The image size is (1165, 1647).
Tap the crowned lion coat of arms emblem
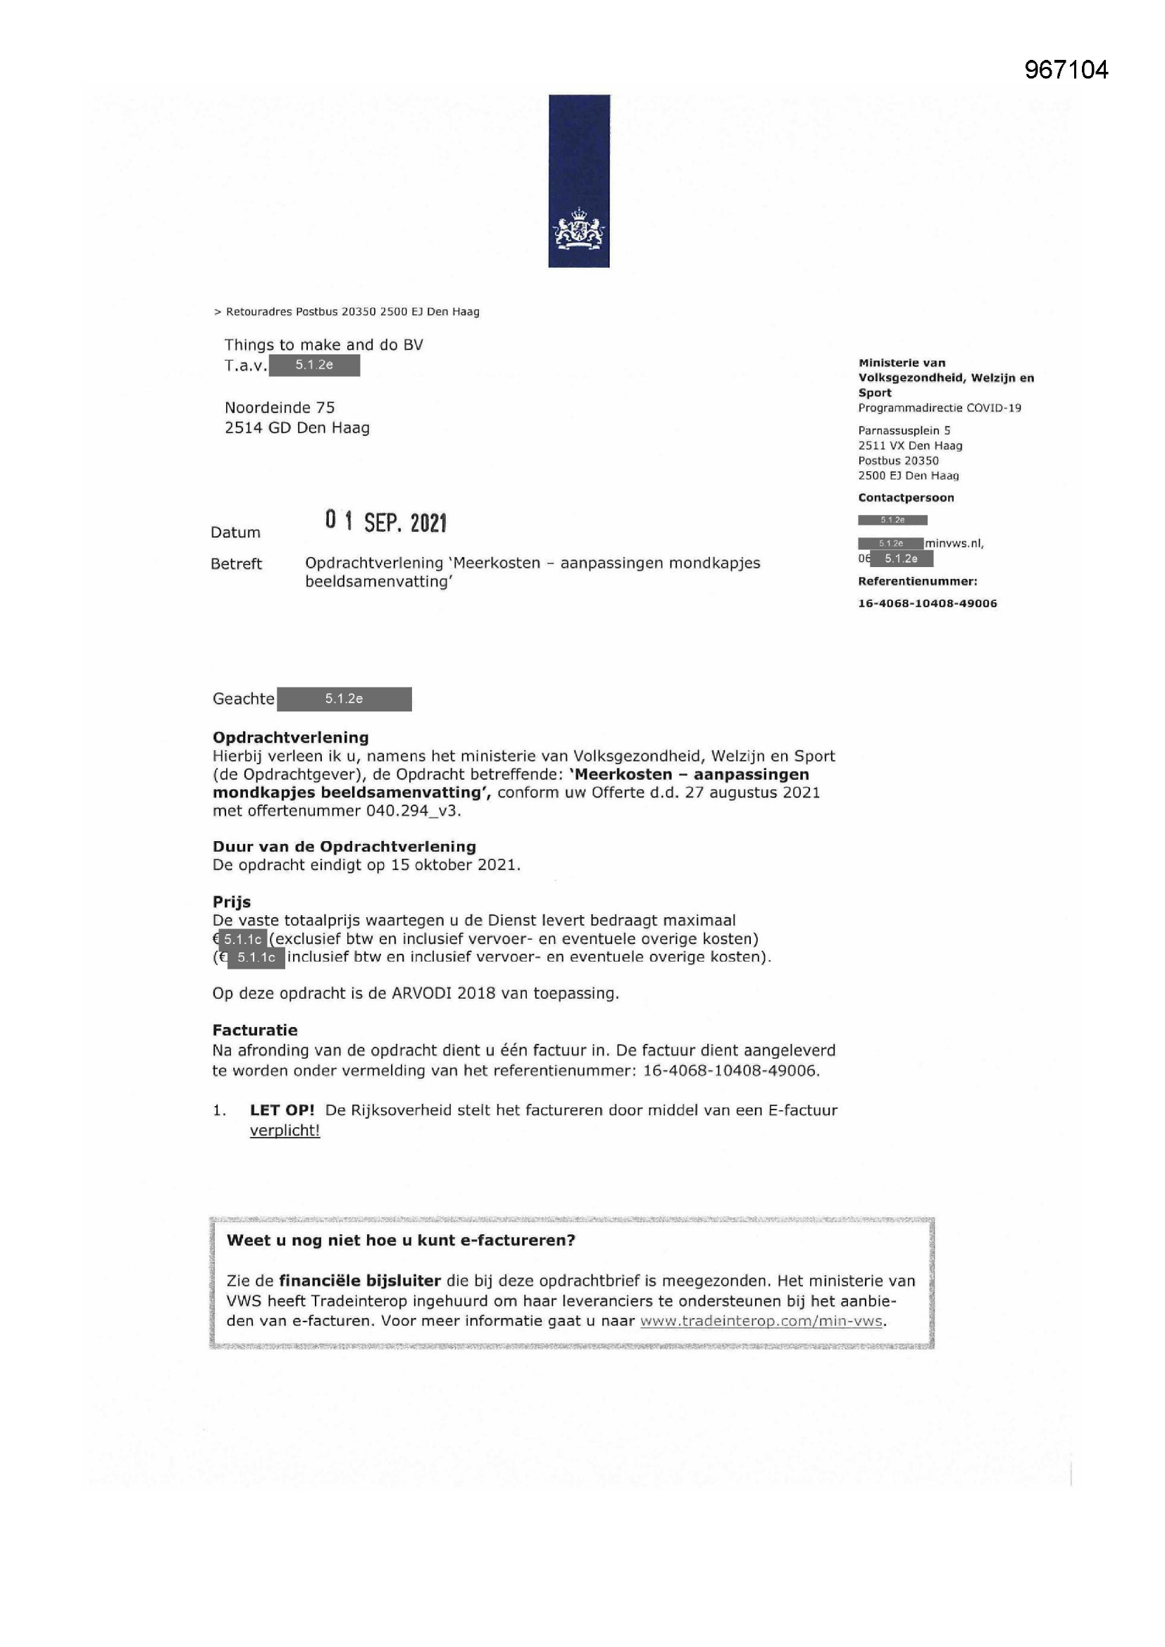[578, 230]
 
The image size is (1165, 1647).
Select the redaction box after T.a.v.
[314, 365]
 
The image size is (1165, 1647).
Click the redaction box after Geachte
[344, 699]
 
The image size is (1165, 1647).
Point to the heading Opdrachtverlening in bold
[290, 738]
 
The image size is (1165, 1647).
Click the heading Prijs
[231, 902]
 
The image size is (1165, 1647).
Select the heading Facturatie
[255, 1030]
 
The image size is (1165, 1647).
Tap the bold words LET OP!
[282, 1110]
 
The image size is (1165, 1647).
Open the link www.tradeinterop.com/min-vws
[761, 1321]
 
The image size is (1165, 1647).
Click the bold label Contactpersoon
[906, 498]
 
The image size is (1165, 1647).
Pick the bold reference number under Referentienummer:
[928, 603]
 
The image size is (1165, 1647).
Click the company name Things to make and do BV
[323, 345]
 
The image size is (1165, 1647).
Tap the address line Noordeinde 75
[280, 407]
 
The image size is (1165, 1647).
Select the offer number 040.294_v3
[413, 811]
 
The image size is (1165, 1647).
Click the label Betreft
[236, 564]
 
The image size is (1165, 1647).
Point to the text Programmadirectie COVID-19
[940, 408]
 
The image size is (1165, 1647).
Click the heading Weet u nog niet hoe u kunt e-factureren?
[401, 1241]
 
